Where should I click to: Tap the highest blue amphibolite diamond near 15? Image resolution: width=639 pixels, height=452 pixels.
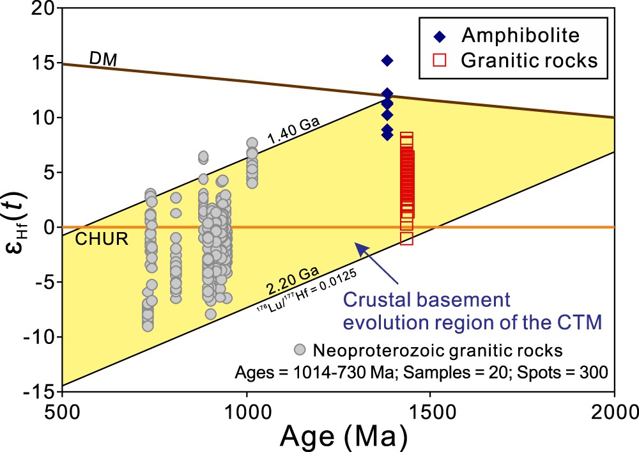point(387,60)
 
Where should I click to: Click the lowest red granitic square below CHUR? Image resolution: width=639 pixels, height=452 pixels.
point(406,238)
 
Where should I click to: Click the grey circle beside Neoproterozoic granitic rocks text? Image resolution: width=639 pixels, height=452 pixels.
point(300,350)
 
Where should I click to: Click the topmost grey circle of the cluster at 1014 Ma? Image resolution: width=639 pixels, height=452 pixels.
point(252,143)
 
